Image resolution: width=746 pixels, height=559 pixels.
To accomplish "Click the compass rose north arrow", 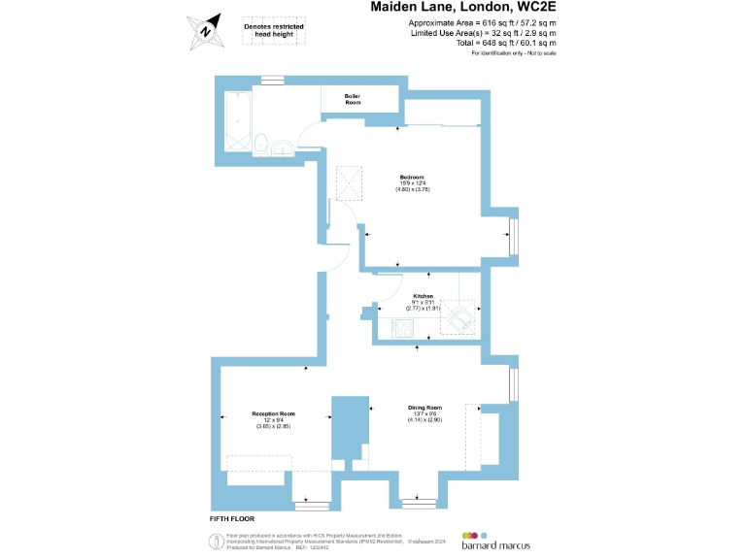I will (x=206, y=28).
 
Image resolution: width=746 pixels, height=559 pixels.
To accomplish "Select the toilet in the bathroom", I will (x=261, y=144).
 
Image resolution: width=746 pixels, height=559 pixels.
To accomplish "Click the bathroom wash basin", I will (x=283, y=148).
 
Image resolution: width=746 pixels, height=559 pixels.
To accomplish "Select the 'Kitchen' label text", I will (x=423, y=295).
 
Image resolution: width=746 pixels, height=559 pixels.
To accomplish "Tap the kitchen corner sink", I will (x=459, y=316).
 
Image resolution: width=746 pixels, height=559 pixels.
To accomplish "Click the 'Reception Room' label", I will (x=273, y=413).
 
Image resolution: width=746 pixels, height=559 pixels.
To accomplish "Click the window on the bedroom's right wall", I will (x=514, y=235).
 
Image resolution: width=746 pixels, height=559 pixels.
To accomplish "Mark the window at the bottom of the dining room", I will (x=420, y=503).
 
